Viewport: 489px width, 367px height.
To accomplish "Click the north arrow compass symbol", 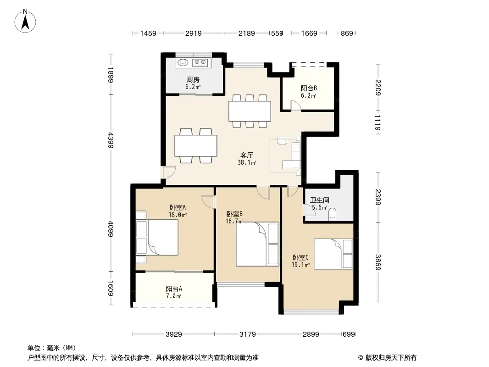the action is click(25, 21).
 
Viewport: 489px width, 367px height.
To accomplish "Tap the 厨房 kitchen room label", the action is click(193, 79).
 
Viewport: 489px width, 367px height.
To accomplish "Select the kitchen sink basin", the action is click(183, 63).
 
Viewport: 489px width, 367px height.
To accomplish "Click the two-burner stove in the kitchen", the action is click(200, 63).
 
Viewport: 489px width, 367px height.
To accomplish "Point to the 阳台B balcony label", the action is click(309, 88).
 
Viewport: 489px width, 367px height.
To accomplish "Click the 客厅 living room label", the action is click(247, 155).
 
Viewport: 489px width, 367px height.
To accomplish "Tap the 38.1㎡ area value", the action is click(247, 162).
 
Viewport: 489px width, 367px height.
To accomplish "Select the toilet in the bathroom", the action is click(333, 214).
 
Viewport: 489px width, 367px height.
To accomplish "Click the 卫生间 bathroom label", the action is click(319, 200).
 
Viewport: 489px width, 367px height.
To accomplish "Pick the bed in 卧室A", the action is click(157, 238).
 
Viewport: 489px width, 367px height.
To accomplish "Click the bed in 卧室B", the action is click(257, 244).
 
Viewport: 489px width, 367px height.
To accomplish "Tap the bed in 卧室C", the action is click(333, 254).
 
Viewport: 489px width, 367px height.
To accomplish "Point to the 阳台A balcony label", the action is click(174, 289).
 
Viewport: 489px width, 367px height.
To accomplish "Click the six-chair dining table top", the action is click(250, 111).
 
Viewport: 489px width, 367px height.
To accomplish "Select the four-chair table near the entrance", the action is click(196, 145).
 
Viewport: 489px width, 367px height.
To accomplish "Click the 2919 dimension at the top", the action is click(194, 33).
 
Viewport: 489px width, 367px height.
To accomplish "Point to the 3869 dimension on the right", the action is click(378, 262).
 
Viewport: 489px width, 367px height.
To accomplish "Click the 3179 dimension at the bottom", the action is click(248, 334).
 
